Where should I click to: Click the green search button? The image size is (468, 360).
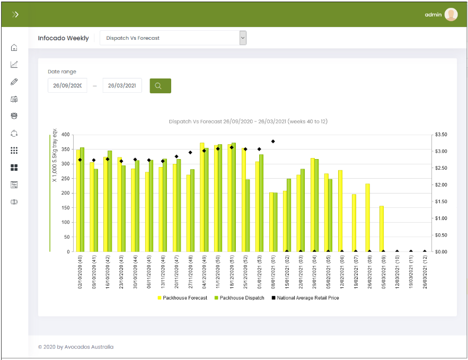click(160, 86)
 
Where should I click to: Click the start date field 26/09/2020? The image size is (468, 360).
click(67, 86)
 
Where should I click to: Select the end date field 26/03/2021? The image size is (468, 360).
click(122, 86)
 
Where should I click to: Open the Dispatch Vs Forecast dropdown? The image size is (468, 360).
click(173, 38)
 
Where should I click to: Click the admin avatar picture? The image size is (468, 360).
click(451, 15)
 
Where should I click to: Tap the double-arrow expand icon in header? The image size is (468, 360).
click(15, 14)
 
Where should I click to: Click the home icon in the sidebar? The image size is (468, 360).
click(14, 48)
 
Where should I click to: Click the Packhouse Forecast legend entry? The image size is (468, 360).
click(182, 298)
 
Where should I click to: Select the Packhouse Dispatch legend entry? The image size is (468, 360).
click(239, 298)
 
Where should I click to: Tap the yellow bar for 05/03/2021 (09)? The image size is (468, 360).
click(381, 229)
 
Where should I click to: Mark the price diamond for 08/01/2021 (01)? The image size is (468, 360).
click(273, 142)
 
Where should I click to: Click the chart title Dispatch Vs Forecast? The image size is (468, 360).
click(248, 121)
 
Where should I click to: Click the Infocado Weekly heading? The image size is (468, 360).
click(64, 38)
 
